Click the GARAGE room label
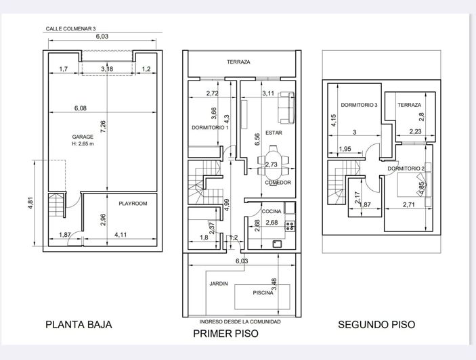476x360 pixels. tap(83, 137)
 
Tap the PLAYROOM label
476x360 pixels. tap(133, 204)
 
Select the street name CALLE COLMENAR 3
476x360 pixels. tap(70, 29)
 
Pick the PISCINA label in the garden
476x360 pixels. tap(263, 293)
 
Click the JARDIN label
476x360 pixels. tap(219, 284)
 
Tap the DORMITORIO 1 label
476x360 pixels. tap(210, 128)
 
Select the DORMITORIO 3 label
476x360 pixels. tap(359, 105)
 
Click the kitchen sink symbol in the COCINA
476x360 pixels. tap(277, 244)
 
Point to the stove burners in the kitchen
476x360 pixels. tap(290, 226)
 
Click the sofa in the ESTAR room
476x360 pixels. tap(286, 108)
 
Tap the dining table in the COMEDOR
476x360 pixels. tap(273, 165)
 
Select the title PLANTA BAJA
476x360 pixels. tap(79, 325)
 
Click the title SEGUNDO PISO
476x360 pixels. tap(376, 325)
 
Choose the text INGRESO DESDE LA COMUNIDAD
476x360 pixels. tap(240, 322)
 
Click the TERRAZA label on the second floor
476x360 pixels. tap(409, 105)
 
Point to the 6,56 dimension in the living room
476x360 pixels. tap(257, 139)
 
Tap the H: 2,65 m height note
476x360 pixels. tap(83, 143)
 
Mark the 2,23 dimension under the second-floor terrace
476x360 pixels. tap(415, 131)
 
